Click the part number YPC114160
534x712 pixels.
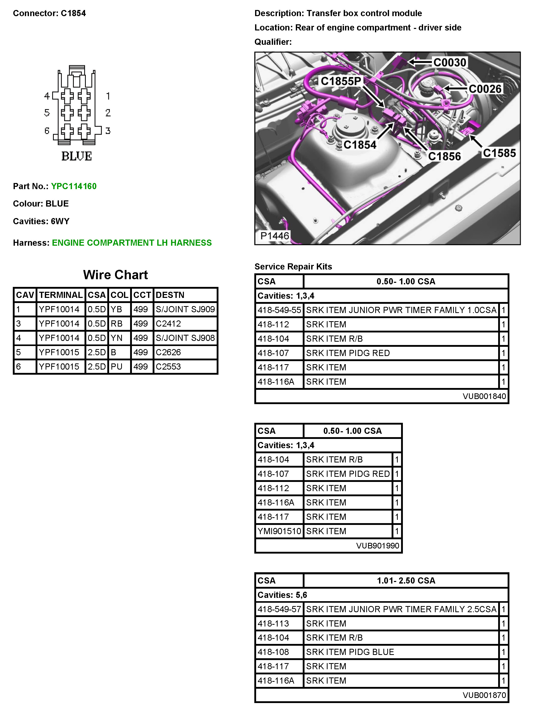click(74, 186)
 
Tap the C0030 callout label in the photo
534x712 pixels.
click(450, 62)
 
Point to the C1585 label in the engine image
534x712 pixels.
click(499, 153)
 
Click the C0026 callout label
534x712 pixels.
click(485, 89)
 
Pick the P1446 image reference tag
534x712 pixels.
click(274, 236)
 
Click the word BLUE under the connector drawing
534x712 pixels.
click(77, 156)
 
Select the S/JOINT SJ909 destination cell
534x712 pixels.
click(185, 309)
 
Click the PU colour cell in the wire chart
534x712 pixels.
click(117, 367)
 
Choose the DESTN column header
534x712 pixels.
click(170, 295)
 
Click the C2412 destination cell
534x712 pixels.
click(169, 323)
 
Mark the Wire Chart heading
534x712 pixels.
click(115, 275)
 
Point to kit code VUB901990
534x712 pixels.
click(378, 546)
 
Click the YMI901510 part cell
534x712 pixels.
click(279, 531)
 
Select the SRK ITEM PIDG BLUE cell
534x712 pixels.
click(350, 652)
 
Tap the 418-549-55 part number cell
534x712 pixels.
click(279, 310)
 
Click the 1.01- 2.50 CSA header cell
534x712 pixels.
click(406, 580)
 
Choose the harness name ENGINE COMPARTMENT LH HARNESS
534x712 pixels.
click(132, 243)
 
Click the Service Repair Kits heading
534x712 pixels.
click(293, 266)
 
